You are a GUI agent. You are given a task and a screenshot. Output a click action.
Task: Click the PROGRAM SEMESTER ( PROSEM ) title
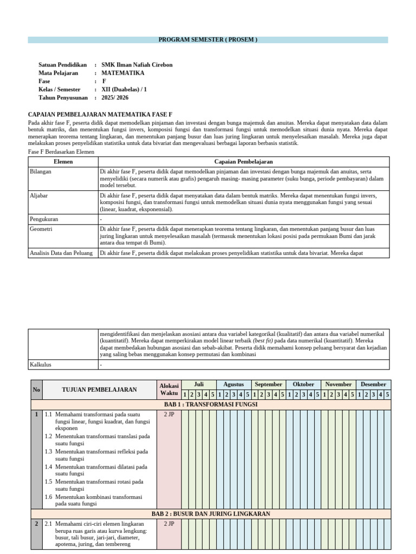click(207, 40)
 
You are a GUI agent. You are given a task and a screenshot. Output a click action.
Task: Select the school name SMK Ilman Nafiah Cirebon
click(136, 65)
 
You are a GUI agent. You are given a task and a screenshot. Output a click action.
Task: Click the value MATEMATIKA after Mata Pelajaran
click(123, 73)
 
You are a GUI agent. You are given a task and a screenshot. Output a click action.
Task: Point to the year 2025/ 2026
click(115, 98)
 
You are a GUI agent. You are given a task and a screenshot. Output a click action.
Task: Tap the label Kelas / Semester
click(59, 90)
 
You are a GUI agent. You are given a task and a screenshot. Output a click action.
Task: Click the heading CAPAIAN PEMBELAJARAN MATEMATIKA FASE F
click(100, 115)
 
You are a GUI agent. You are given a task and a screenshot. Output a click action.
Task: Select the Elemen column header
click(63, 162)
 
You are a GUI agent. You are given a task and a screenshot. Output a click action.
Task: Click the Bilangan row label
click(41, 171)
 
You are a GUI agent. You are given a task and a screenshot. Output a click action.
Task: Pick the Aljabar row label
click(39, 195)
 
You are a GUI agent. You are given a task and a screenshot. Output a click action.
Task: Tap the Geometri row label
click(41, 229)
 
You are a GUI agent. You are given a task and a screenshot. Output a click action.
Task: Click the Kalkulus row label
click(41, 365)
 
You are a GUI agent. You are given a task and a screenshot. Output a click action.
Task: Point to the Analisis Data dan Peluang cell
click(61, 253)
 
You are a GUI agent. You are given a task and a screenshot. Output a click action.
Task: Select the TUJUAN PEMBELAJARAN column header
click(99, 390)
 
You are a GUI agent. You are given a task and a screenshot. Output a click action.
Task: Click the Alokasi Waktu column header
click(168, 390)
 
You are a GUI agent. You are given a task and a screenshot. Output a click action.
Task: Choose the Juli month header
click(198, 384)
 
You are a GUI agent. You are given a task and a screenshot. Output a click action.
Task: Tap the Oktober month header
click(303, 384)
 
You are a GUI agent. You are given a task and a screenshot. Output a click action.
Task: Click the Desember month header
click(373, 384)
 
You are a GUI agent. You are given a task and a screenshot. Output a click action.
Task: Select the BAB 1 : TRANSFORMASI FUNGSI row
click(210, 404)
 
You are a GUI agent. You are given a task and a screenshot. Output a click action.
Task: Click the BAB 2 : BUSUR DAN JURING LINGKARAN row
click(210, 513)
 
